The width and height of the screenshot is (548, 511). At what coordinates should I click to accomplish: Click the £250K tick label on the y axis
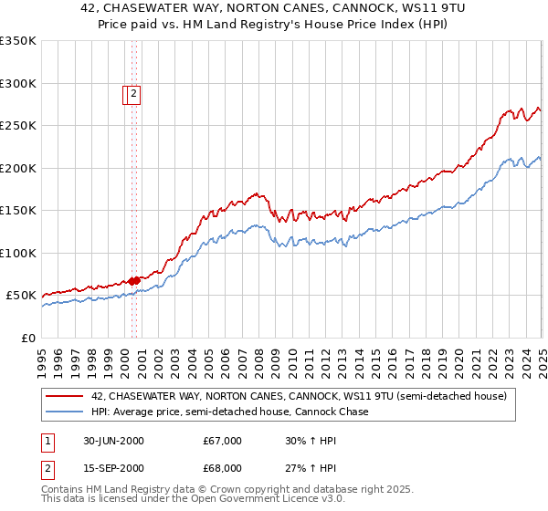point(18,126)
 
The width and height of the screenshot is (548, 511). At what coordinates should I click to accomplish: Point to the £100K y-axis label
point(18,253)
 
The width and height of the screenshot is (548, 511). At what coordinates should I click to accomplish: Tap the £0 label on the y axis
point(27,338)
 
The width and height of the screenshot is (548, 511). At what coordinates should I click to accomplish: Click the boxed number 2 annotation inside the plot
point(133,92)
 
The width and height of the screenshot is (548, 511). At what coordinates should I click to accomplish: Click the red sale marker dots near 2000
point(133,280)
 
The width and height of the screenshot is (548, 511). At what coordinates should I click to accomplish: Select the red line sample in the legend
point(65,397)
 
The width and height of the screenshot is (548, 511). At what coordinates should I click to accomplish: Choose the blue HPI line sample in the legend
point(65,412)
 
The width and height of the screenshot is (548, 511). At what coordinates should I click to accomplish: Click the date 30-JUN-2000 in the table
point(113,441)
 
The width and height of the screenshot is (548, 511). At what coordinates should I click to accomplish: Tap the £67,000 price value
point(223,441)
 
